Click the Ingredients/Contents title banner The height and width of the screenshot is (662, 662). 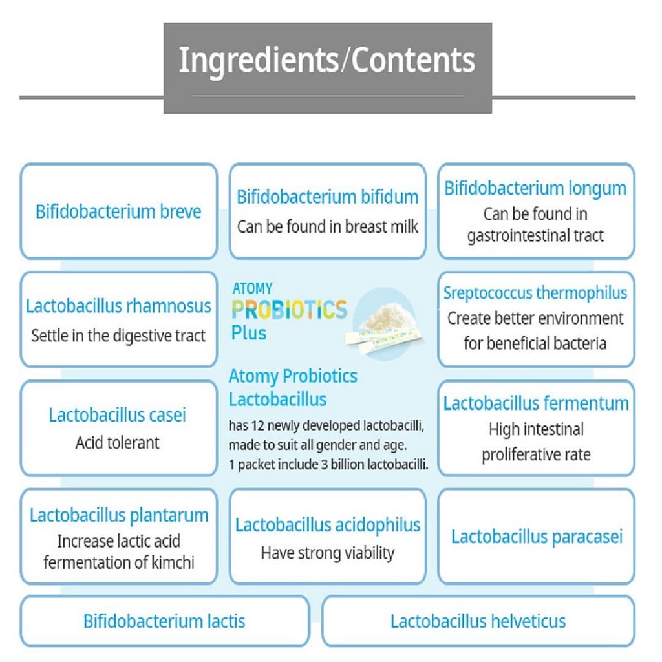tap(327, 60)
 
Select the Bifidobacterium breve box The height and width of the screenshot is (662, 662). tap(118, 211)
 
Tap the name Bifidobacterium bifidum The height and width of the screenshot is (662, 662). tap(327, 197)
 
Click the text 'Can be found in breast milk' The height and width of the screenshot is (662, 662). tap(327, 227)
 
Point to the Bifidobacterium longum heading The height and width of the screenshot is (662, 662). tap(535, 189)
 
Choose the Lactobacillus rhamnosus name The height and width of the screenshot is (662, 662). tap(118, 306)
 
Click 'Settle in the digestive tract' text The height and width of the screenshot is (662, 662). tap(118, 336)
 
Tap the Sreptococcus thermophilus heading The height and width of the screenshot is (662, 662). tap(535, 293)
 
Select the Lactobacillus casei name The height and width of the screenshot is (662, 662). tap(118, 414)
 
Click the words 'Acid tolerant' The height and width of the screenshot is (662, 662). tap(118, 443)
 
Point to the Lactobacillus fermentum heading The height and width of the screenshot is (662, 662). tap(536, 403)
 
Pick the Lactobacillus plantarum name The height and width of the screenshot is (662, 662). tap(119, 515)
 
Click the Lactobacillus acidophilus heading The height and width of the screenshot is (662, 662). tap(328, 525)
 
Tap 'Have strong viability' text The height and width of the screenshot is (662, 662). tap(327, 553)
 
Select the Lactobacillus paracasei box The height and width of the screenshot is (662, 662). tap(536, 537)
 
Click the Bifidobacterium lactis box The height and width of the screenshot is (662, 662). tap(164, 622)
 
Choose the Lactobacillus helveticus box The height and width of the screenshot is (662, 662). tap(478, 622)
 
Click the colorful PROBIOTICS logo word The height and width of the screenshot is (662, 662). tap(289, 310)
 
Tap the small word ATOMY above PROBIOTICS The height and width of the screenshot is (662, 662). tap(252, 288)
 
